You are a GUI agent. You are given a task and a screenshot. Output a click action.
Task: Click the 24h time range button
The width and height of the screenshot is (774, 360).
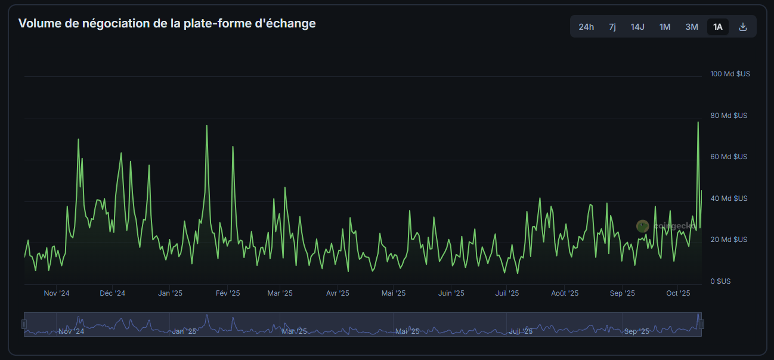586,27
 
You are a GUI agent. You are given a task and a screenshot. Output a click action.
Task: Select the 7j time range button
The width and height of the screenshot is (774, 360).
612,27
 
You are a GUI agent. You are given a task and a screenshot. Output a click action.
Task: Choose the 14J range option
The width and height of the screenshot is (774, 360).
637,27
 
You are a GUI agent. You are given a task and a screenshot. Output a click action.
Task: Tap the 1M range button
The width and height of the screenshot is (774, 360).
665,27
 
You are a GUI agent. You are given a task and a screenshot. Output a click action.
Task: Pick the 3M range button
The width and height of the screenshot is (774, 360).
692,27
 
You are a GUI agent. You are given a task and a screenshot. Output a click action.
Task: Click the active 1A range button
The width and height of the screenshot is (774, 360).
718,27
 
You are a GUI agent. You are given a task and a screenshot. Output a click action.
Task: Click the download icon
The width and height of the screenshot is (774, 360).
743,27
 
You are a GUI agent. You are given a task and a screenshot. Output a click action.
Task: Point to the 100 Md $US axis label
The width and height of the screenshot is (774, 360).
730,74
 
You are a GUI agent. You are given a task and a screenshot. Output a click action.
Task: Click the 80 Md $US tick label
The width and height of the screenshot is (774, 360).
729,116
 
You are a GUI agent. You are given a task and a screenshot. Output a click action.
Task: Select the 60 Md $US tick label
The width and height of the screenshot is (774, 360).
729,157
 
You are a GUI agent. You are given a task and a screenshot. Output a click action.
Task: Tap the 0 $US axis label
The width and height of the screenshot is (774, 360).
720,281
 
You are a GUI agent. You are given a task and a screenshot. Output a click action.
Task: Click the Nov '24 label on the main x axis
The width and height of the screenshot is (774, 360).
57,293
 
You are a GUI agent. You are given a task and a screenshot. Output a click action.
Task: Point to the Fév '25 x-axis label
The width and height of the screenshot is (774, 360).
227,293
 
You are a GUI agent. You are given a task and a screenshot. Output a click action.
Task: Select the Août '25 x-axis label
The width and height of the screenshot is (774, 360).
565,293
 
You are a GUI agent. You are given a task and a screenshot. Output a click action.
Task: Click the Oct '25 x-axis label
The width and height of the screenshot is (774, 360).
678,293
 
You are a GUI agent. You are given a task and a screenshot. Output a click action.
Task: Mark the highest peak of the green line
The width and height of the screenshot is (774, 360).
698,122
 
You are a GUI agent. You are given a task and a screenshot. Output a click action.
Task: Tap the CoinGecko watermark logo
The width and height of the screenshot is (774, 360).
642,226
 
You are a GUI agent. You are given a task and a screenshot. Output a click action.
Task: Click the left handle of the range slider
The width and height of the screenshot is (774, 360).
24,324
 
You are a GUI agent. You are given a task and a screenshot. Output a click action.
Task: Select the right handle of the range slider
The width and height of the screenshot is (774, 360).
702,324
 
